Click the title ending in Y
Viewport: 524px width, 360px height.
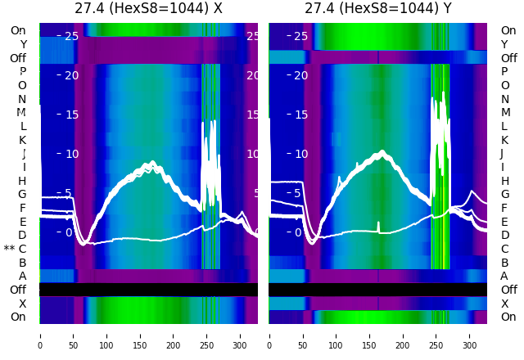(377, 8)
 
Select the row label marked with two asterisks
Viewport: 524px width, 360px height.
(16, 249)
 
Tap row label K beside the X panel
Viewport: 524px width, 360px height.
(23, 140)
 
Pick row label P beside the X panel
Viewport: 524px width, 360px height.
(23, 72)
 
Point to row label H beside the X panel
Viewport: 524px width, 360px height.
(23, 181)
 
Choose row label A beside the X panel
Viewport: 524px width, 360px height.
(23, 276)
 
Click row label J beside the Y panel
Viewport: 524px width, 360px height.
(502, 154)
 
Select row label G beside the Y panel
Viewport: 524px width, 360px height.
(505, 195)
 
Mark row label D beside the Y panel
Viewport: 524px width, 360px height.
(505, 236)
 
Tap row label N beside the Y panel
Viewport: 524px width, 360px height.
(504, 99)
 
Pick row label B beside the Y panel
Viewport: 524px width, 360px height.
(505, 263)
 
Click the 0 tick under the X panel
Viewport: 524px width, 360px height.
(39, 335)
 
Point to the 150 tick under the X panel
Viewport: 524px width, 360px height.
(140, 335)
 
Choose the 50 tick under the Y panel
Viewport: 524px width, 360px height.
(302, 335)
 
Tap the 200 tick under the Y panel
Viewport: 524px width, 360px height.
(403, 335)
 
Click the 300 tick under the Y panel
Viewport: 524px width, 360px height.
(470, 335)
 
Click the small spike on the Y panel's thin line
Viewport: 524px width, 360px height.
(378, 224)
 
